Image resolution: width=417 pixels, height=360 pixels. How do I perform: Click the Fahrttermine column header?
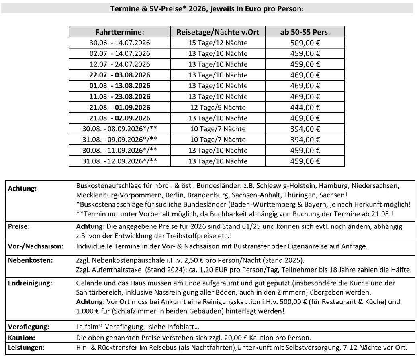(x=120, y=32)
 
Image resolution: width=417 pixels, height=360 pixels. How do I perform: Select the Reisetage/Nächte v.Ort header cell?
(x=218, y=32)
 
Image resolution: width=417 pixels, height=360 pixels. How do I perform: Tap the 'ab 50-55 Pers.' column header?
(x=305, y=32)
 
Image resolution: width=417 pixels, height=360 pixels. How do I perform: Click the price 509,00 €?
(x=305, y=43)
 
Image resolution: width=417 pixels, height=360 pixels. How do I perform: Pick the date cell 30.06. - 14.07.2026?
(x=120, y=43)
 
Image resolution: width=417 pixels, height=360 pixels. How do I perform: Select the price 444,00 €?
(x=305, y=108)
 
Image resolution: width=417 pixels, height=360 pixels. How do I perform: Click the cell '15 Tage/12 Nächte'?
(x=218, y=43)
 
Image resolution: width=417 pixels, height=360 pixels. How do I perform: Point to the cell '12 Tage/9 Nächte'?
(x=218, y=108)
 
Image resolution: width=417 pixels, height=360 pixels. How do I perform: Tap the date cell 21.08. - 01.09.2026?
(x=120, y=108)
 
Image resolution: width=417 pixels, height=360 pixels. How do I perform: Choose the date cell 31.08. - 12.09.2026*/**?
(x=120, y=161)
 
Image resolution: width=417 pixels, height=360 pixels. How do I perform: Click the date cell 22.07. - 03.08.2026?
(x=120, y=75)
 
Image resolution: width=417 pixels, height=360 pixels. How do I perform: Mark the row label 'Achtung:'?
(x=23, y=189)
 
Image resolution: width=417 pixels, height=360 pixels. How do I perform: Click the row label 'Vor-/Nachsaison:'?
(x=36, y=246)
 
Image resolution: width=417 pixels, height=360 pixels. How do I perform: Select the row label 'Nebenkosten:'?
(x=29, y=260)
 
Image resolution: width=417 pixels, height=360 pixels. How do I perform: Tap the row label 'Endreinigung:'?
(x=30, y=283)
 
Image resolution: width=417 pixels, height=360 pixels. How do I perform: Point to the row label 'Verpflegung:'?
(x=29, y=327)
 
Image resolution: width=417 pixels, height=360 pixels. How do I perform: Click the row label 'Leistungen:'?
(x=26, y=348)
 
